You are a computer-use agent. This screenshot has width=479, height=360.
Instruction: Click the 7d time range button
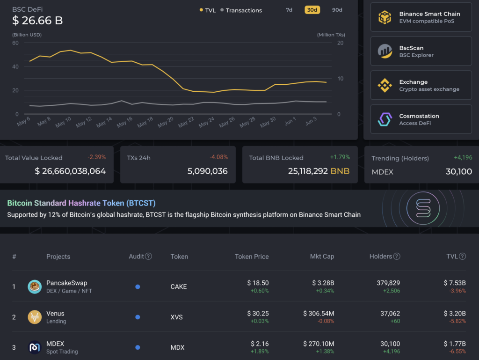289,10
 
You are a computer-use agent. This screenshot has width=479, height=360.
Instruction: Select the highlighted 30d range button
312,10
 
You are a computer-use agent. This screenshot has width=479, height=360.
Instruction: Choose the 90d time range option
337,10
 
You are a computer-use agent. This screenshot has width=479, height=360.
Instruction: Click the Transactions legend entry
244,10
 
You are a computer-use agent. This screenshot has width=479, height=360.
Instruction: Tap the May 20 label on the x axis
166,123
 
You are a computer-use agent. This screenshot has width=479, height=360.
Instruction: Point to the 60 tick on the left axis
15,43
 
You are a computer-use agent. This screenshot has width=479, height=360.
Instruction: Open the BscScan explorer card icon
385,51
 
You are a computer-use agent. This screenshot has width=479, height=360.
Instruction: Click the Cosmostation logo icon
385,119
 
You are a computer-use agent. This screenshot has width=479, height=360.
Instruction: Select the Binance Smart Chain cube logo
385,17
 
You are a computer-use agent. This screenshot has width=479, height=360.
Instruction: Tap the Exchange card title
413,82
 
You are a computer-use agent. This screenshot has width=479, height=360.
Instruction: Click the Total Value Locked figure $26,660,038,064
70,171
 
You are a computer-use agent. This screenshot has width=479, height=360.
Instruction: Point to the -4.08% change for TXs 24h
218,157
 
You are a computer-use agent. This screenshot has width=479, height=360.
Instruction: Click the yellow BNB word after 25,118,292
340,171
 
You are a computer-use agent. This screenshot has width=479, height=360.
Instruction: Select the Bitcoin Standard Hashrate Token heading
81,203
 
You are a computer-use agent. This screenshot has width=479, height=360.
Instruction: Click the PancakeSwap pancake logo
35,287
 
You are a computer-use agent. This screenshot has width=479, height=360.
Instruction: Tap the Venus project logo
35,317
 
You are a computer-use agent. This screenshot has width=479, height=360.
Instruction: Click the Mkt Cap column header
322,257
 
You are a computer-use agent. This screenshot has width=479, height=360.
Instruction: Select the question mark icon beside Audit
149,257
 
